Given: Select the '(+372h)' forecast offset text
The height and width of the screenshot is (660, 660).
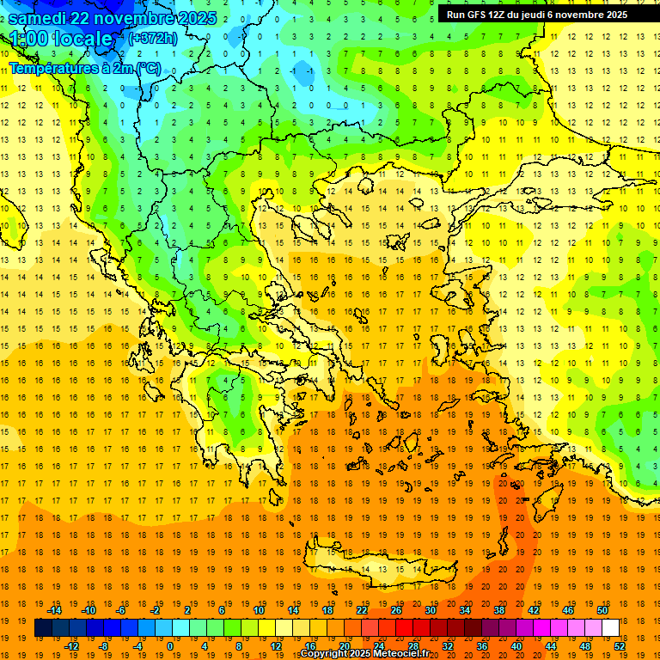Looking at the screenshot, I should [x=153, y=38].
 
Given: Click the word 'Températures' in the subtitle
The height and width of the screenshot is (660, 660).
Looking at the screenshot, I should [x=53, y=68].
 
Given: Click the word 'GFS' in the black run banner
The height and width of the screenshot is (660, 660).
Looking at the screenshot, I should [x=486, y=15].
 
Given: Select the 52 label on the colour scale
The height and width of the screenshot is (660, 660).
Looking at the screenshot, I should [x=619, y=646].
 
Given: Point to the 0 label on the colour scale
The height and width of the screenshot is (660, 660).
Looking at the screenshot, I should [x=170, y=646].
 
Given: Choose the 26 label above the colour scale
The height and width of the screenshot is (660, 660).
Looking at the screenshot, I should [x=395, y=610].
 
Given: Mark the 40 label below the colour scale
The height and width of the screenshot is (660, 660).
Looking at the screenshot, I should [x=516, y=646].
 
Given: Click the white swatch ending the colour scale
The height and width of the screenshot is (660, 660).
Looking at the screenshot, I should [x=610, y=628].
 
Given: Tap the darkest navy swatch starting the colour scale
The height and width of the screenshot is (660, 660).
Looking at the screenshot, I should [x=43, y=628].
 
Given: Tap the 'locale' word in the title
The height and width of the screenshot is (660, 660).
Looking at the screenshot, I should [x=82, y=39].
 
